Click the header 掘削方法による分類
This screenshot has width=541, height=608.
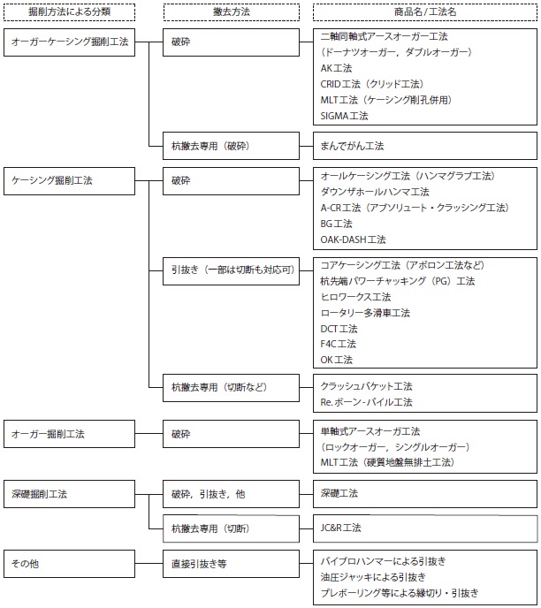point(70,12)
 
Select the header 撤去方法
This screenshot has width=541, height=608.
point(231,12)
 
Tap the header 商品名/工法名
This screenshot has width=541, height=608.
point(425,12)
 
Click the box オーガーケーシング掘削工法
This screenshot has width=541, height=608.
point(70,42)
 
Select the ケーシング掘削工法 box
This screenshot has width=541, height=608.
point(70,181)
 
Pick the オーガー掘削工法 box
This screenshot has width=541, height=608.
point(70,434)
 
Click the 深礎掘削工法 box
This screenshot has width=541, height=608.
point(70,494)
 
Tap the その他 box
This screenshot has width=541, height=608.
point(70,564)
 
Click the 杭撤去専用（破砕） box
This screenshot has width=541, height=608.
point(231,146)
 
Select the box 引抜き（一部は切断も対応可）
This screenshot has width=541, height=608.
point(231,271)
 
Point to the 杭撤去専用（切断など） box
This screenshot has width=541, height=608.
point(231,388)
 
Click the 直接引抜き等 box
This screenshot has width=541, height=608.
point(231,564)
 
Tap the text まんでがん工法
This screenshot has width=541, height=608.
point(352,146)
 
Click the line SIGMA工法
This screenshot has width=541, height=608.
point(345,116)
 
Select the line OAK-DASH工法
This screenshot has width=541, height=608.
point(354,239)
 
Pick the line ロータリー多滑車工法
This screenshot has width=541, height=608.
point(365,313)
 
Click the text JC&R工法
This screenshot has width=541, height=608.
point(341,528)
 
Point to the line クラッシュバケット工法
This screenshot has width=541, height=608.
point(367,386)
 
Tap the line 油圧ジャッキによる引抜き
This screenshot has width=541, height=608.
point(373,577)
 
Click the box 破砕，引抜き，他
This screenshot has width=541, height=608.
point(231,494)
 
